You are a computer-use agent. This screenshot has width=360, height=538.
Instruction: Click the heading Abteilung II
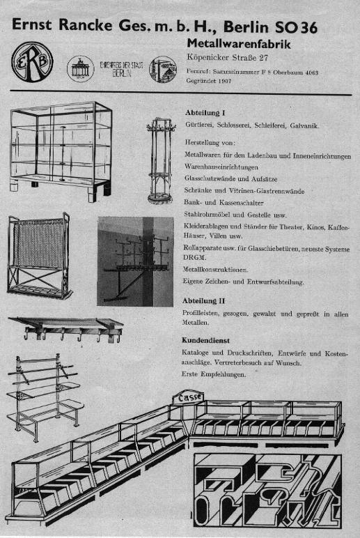pos(206,300)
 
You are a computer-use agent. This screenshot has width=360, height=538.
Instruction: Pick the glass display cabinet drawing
pos(60,146)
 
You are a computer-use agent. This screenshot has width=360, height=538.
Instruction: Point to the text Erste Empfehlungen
pos(214,375)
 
